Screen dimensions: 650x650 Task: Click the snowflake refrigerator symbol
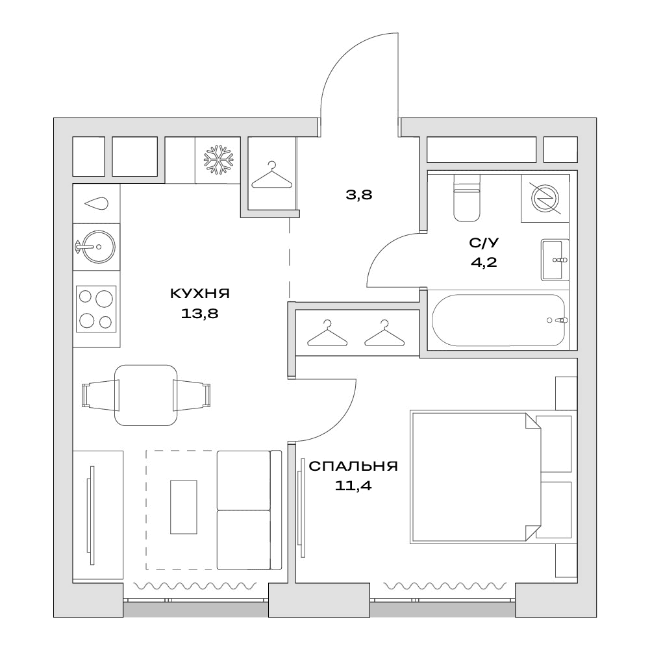(218, 160)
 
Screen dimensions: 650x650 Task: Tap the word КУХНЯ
(200, 294)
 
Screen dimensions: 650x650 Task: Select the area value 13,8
(200, 314)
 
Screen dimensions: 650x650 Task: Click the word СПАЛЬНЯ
(353, 466)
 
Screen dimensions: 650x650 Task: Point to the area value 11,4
(353, 486)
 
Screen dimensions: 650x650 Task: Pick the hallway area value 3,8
(359, 194)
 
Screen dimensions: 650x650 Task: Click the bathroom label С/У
(484, 242)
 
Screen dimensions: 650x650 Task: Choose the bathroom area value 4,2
(484, 262)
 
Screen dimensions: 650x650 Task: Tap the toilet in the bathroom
(467, 198)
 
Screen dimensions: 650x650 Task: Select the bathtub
(498, 320)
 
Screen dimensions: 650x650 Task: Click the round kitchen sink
(97, 247)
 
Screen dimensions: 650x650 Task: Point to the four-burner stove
(96, 309)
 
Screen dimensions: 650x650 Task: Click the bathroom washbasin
(555, 260)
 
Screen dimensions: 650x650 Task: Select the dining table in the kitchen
(146, 395)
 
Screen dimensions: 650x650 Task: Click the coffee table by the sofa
(184, 506)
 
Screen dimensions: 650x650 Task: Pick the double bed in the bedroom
(475, 477)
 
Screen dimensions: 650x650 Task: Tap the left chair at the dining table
(101, 395)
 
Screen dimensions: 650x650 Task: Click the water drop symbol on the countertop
(96, 203)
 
